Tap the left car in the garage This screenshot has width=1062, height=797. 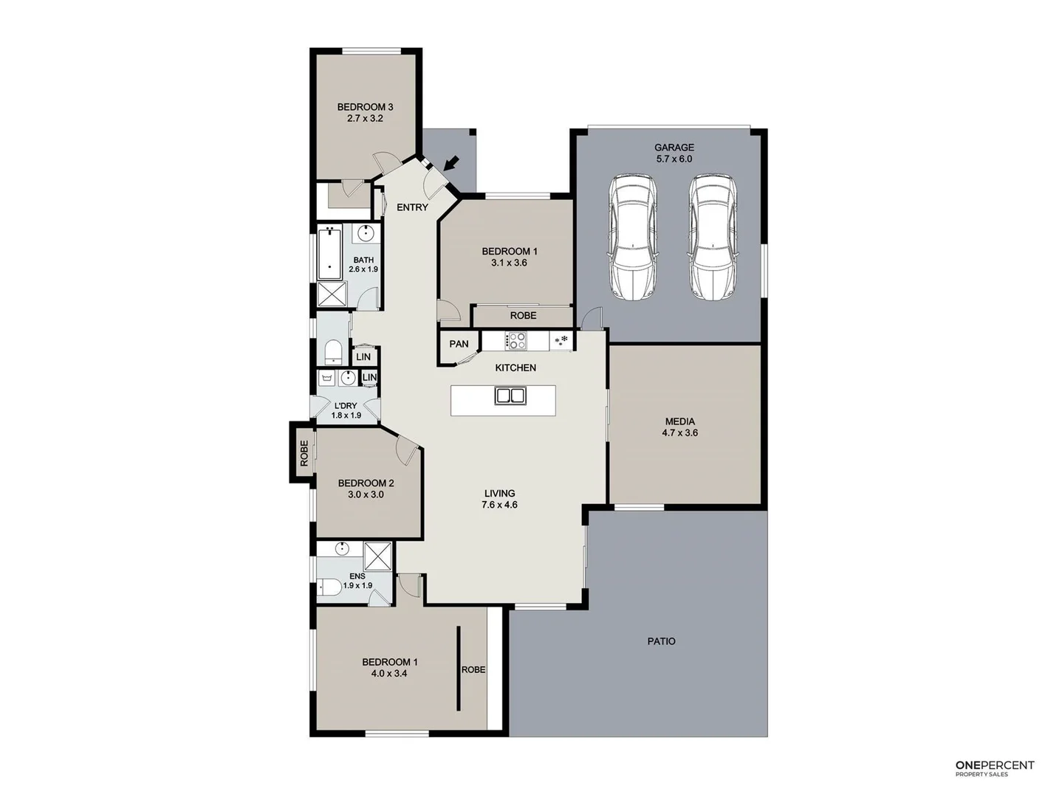631,237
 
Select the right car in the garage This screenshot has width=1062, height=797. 713,237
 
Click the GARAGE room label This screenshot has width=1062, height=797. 674,148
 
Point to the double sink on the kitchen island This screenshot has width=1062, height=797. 510,396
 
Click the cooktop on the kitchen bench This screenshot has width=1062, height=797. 515,341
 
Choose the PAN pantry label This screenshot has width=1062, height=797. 459,344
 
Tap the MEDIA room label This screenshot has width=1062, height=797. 679,422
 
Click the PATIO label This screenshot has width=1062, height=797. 661,641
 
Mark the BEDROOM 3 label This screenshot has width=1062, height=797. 365,107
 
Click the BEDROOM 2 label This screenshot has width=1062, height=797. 366,483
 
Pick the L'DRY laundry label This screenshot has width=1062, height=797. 346,406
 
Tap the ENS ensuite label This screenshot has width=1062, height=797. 357,576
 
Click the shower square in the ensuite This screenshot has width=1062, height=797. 379,556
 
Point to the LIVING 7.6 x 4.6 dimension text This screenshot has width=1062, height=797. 499,506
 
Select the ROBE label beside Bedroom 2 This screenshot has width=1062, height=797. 304,453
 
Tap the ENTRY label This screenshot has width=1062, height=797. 412,207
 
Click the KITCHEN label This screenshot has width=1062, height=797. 515,368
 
